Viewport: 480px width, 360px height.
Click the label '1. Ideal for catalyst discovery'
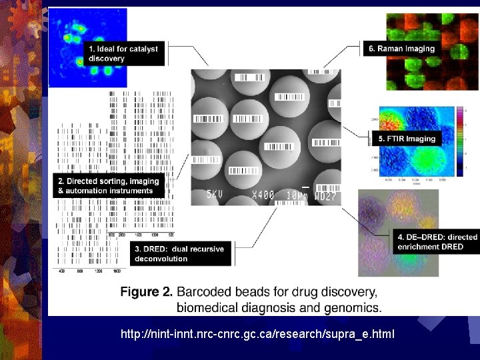coord(124,53)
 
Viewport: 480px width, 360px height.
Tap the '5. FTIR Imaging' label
coord(407,139)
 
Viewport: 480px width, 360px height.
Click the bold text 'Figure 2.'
coord(147,292)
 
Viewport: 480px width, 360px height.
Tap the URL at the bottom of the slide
coord(257,332)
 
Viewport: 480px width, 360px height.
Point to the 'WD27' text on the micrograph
coord(327,196)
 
